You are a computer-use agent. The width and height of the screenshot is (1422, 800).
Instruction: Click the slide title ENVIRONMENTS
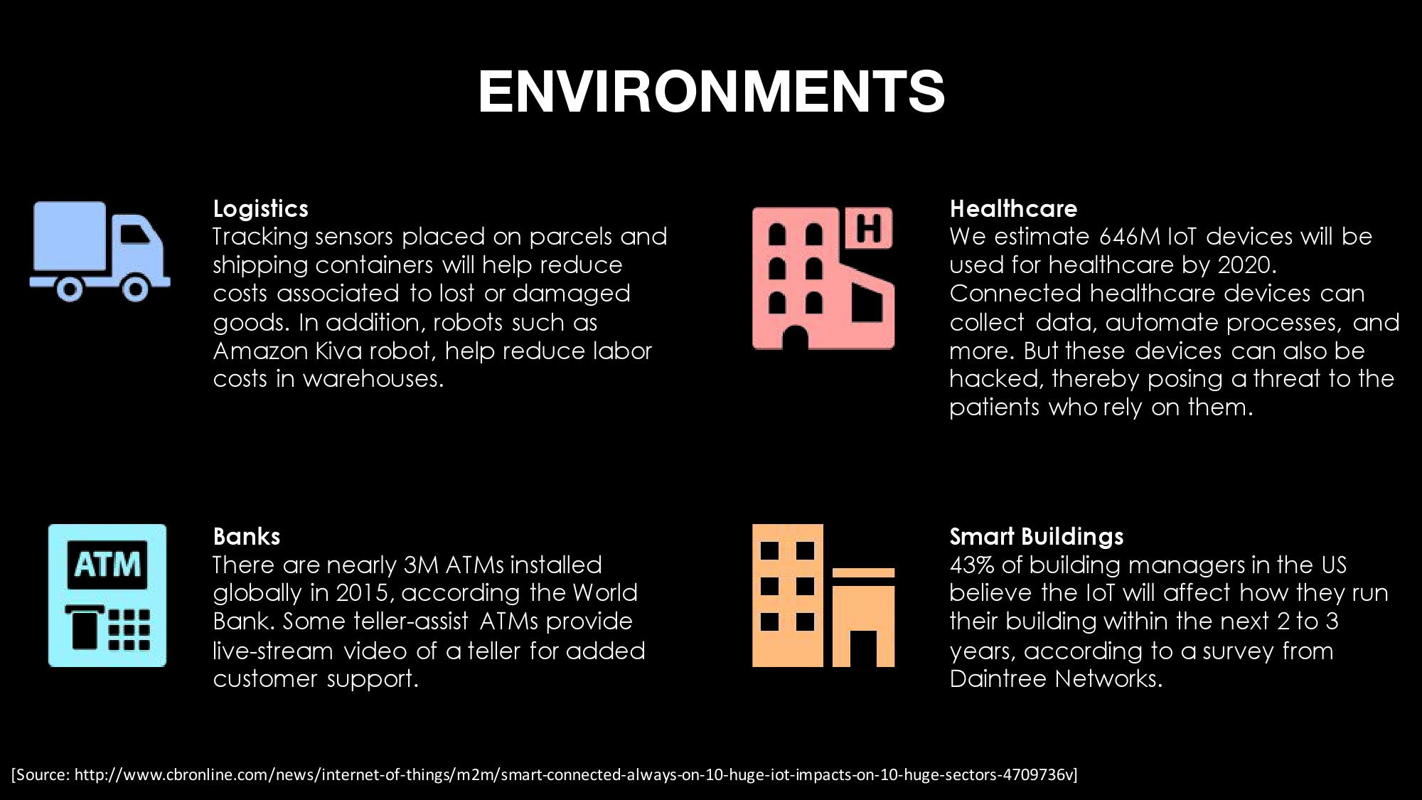tap(711, 91)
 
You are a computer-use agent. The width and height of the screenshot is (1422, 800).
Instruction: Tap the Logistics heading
tap(261, 208)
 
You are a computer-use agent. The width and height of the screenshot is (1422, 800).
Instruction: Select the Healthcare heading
tap(1013, 208)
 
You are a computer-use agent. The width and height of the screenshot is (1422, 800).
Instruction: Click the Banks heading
tap(247, 536)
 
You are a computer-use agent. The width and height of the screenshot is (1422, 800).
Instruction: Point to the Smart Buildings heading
tap(1037, 536)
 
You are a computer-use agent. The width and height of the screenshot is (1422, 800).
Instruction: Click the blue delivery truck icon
tap(100, 252)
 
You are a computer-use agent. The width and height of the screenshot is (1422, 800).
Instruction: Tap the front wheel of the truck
tap(135, 289)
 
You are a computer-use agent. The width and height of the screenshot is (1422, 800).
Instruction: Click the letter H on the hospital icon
tap(868, 228)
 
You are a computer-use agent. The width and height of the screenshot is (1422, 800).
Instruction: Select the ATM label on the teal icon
tap(107, 565)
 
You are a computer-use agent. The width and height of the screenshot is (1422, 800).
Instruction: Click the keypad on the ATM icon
tap(129, 629)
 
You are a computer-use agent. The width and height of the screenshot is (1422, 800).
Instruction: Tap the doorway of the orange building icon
tap(863, 649)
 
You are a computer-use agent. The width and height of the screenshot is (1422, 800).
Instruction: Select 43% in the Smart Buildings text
tap(972, 565)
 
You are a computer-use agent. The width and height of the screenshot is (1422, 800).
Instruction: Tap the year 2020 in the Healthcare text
tap(1247, 265)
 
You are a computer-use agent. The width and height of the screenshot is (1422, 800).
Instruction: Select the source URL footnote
tap(545, 774)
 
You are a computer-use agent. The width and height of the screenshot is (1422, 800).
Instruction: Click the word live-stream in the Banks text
tap(273, 651)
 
